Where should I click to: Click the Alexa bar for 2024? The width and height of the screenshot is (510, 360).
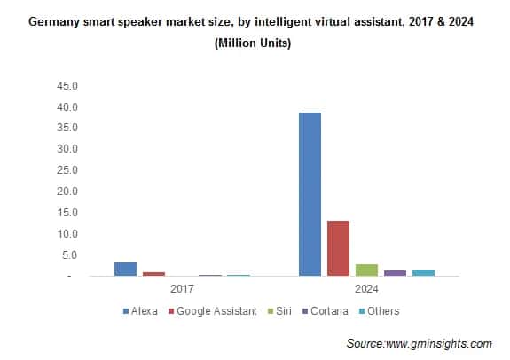(310, 194)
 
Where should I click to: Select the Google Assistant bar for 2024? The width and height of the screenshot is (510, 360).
(338, 248)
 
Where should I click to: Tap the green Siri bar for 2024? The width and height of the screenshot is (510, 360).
(366, 270)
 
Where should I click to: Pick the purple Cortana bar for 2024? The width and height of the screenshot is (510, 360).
(395, 273)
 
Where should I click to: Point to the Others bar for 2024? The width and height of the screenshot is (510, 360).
(423, 272)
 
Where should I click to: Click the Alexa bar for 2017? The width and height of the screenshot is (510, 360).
(125, 269)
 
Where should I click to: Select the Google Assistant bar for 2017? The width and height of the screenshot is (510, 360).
(153, 274)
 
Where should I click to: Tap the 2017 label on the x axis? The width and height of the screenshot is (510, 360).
(183, 289)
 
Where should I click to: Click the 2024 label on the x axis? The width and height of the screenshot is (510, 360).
(366, 289)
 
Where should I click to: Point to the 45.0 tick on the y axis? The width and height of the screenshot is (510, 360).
(68, 86)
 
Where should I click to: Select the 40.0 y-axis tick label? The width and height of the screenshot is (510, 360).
(68, 107)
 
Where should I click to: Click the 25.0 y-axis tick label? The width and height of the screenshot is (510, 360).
(68, 170)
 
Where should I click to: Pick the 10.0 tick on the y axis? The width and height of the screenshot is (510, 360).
(68, 234)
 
